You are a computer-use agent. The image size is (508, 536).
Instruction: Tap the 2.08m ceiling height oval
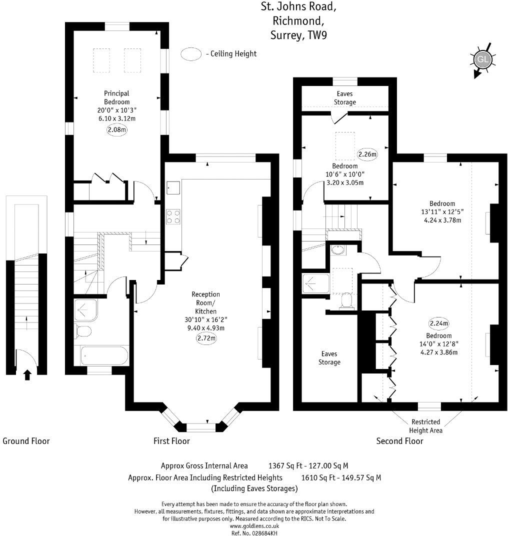point(117,130)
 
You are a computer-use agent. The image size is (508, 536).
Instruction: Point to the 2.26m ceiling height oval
point(367,154)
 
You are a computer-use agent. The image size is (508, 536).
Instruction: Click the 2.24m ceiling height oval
point(439,322)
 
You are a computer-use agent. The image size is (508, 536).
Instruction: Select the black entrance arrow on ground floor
point(27,374)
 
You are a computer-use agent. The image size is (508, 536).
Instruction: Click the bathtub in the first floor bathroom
point(104,356)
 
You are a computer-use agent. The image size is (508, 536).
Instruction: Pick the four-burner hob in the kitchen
point(173,216)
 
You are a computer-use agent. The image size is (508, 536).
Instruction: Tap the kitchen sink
point(173,187)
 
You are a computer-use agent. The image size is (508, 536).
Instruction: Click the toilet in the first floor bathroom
point(83,331)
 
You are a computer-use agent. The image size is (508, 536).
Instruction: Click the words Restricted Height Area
point(425,426)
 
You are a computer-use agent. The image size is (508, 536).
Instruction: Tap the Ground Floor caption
point(26,441)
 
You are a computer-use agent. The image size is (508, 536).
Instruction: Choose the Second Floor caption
point(399,441)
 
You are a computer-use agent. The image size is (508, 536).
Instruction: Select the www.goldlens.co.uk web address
point(254,526)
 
